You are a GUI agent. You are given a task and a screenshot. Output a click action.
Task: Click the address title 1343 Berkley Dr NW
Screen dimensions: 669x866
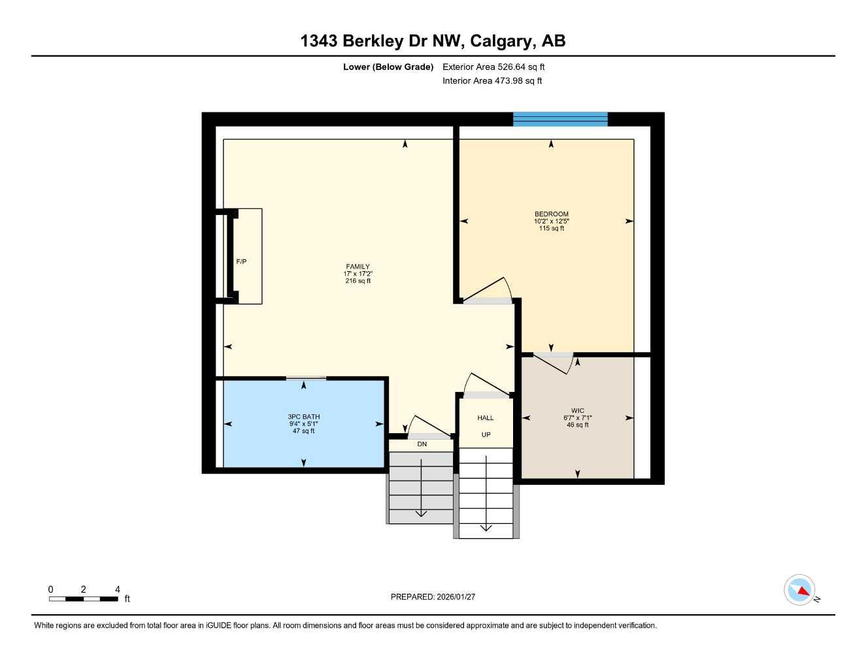click(433, 41)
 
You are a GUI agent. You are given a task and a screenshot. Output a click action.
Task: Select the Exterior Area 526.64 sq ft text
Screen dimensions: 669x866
click(493, 67)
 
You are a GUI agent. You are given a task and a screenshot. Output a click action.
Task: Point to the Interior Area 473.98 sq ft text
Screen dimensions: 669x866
click(492, 81)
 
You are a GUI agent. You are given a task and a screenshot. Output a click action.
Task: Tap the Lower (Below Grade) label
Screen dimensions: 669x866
click(388, 67)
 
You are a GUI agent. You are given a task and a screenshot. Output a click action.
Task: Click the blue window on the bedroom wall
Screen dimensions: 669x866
click(560, 119)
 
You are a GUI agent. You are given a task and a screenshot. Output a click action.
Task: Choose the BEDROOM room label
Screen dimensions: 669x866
click(551, 214)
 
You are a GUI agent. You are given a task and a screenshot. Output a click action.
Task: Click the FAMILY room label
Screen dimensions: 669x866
click(358, 267)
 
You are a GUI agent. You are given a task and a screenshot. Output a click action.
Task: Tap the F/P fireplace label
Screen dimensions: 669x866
click(241, 261)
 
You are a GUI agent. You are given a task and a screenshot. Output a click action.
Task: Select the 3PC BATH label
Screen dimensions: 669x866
click(304, 417)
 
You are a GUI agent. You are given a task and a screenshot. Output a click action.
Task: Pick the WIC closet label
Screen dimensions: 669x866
click(578, 411)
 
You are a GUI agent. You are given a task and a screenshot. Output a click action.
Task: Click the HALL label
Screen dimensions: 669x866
click(486, 418)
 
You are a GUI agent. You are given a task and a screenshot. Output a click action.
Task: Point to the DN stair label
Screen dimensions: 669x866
click(422, 444)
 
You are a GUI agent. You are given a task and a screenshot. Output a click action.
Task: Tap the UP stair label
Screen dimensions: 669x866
click(486, 434)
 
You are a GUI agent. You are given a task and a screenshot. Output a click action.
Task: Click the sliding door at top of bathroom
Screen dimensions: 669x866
click(306, 378)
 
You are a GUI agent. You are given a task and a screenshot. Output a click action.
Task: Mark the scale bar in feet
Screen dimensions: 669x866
click(84, 598)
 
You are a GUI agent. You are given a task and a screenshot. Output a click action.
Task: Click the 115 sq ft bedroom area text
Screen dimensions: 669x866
click(551, 229)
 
